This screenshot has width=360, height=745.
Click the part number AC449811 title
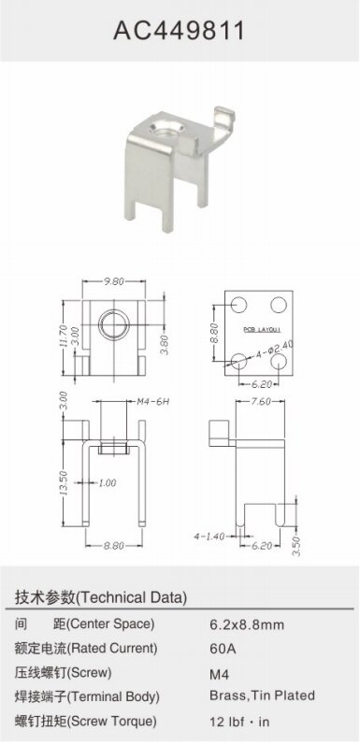[180, 31]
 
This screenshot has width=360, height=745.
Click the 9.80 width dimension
[114, 281]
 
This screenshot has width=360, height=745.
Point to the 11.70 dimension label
[64, 337]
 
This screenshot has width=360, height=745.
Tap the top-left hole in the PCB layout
[238, 305]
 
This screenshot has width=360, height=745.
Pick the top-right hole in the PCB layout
[279, 305]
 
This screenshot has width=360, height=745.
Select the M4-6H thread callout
[153, 402]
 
